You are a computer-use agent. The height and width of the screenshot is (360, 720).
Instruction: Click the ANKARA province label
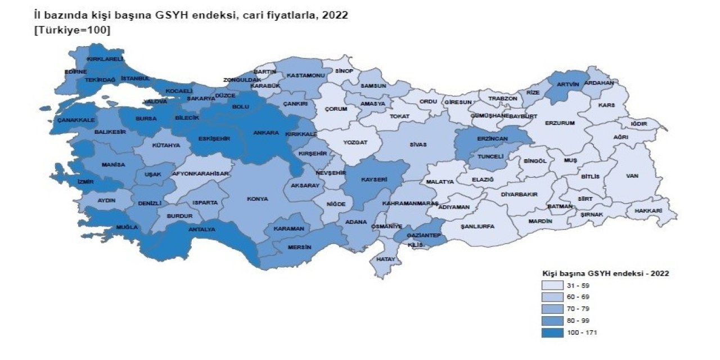coord(267,133)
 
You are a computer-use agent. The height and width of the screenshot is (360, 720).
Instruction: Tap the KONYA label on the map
coord(258,199)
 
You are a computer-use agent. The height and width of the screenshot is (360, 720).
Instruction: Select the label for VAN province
coord(632,176)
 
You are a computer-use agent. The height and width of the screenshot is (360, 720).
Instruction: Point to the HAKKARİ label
coord(648,211)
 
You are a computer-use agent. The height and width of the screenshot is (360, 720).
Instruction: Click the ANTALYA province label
coord(201,229)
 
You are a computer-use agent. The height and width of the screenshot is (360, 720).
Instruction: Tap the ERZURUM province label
coord(560,123)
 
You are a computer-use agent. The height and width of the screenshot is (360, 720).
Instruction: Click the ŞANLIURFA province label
coord(477,227)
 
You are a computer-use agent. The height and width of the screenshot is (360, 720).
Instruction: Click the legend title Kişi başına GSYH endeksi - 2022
coord(605,273)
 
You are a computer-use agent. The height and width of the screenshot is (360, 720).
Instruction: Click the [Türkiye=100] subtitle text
coord(73,30)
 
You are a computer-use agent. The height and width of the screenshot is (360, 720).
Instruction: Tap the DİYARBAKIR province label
coord(519,195)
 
